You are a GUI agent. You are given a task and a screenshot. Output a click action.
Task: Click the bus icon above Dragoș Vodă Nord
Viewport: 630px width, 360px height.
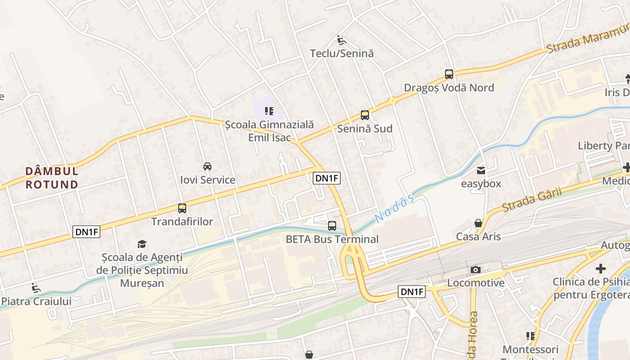click(449, 74)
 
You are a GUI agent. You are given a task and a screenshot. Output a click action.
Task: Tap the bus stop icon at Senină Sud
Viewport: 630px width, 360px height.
click(364, 115)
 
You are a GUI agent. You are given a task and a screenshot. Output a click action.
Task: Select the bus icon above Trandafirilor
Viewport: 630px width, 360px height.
click(182, 208)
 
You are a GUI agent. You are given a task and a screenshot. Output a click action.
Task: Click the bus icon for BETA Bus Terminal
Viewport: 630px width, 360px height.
click(332, 226)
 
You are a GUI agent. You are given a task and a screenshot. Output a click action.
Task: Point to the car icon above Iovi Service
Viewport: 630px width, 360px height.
click(207, 166)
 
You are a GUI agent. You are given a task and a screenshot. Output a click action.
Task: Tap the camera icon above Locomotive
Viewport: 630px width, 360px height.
click(475, 270)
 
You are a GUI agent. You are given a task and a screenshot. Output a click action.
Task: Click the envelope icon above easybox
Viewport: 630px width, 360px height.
click(481, 171)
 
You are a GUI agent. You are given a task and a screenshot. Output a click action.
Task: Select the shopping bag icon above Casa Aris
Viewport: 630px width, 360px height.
click(478, 223)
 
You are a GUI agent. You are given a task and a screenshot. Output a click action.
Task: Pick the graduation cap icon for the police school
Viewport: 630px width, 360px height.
click(142, 244)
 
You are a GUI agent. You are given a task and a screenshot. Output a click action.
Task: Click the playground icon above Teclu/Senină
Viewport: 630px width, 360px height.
click(342, 40)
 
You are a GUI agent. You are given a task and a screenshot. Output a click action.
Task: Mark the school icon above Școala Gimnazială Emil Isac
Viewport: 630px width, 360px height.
click(269, 111)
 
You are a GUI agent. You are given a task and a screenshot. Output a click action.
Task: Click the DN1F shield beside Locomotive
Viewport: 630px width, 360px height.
click(412, 292)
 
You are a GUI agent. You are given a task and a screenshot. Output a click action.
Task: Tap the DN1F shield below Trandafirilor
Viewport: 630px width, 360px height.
click(86, 232)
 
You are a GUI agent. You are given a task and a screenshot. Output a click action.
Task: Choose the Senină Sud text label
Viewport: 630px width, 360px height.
click(364, 129)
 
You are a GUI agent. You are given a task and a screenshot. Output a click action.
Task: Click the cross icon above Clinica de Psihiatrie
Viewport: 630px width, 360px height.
click(600, 269)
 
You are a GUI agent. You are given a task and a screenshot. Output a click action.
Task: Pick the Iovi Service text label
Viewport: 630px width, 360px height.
click(207, 180)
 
